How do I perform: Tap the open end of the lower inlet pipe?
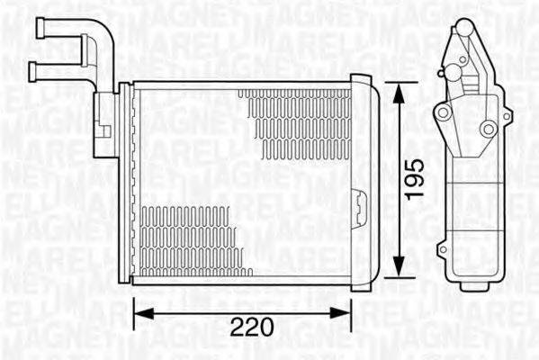(x=34, y=68)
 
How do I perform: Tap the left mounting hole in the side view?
(x=441, y=112)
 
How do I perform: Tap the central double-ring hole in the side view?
(x=487, y=130)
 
